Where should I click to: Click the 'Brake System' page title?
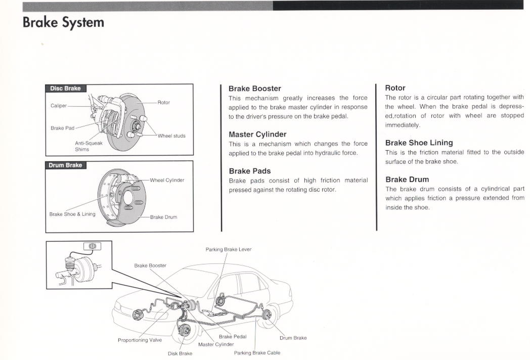click(63, 23)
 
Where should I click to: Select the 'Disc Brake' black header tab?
click(65, 88)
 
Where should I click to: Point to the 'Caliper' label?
click(59, 106)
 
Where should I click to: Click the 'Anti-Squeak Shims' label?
click(89, 146)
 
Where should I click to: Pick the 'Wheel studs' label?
click(171, 136)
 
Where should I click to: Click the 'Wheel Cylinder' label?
click(167, 180)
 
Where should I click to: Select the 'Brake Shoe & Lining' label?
click(72, 214)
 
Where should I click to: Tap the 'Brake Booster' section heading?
click(254, 88)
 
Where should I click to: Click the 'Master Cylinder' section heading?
click(257, 134)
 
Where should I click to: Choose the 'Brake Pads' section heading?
click(249, 171)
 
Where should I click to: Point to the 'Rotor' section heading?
click(395, 88)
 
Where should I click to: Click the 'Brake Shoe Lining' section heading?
click(419, 143)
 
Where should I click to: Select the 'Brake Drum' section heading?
click(407, 179)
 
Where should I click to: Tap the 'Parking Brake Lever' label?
click(228, 249)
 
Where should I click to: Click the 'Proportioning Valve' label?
click(140, 340)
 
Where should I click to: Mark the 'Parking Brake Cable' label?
click(257, 352)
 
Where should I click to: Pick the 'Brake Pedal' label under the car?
click(233, 336)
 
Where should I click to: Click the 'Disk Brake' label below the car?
click(180, 353)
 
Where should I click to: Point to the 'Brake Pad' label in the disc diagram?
click(62, 128)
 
